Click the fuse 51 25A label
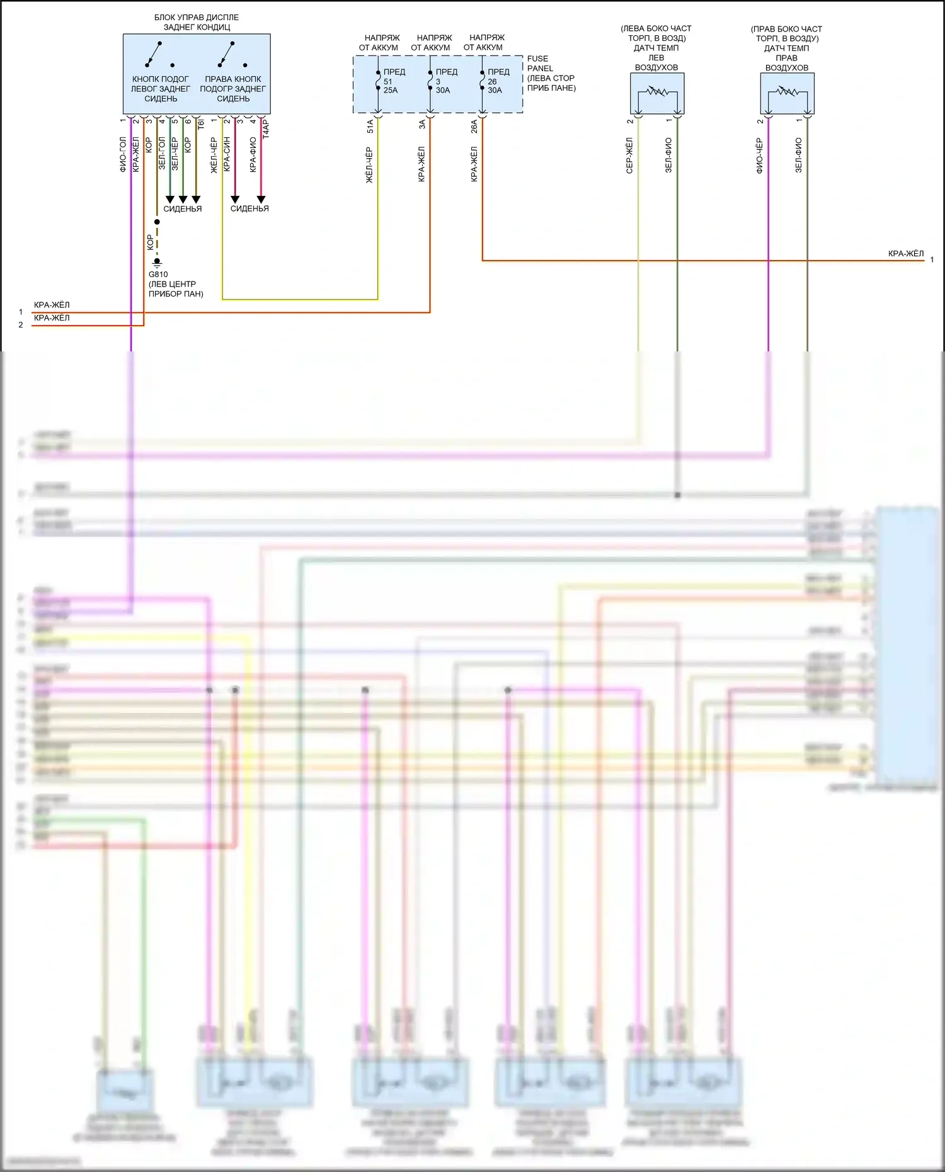click(390, 81)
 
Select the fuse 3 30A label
click(442, 81)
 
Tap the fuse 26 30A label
click(495, 81)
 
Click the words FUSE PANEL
click(540, 64)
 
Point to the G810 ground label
click(158, 275)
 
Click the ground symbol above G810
click(157, 262)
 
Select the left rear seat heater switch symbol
click(154, 54)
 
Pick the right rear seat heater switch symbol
click(227, 54)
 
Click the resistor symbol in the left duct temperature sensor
click(657, 92)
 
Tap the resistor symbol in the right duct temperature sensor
click(787, 92)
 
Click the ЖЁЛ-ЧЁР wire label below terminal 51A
click(370, 165)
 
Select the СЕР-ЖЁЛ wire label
click(629, 156)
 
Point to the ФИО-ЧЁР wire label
click(760, 156)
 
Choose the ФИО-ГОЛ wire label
click(123, 154)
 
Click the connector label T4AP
click(266, 129)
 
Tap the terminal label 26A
click(474, 127)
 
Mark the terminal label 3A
click(422, 125)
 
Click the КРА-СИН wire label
click(227, 154)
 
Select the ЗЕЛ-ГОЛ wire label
click(162, 153)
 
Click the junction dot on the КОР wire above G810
click(157, 222)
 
